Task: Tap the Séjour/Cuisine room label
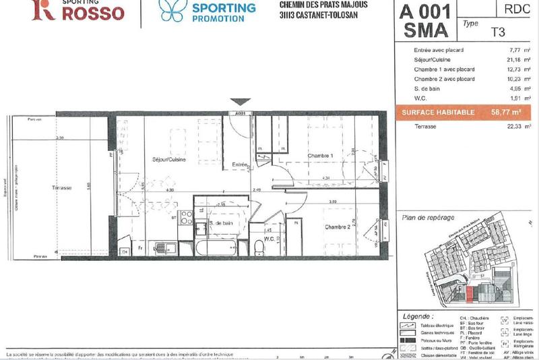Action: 168,160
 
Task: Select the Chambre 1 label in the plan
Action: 321,156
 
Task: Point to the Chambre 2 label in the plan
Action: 338,227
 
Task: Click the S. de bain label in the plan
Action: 222,223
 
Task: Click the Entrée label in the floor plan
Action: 241,164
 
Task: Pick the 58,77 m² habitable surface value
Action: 507,113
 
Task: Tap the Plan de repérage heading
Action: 428,217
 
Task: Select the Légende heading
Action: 418,315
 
